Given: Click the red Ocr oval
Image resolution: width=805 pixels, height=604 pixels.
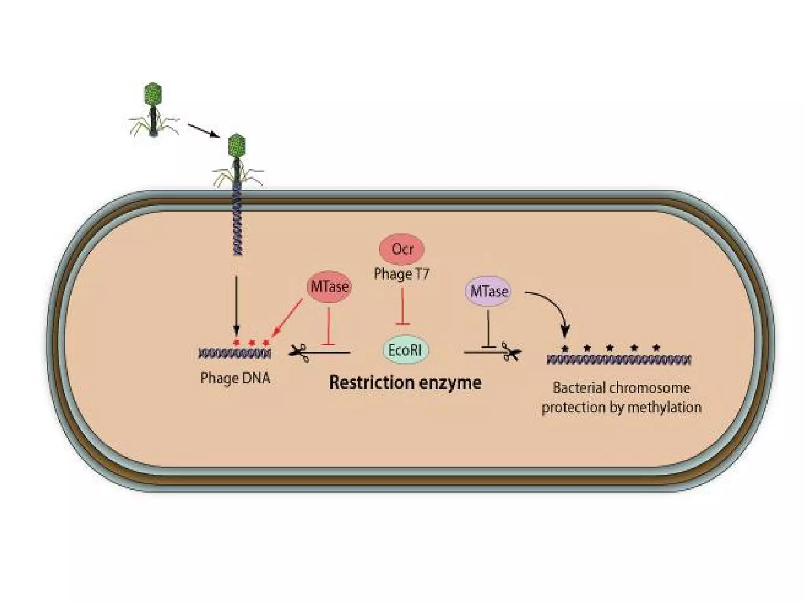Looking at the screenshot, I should click(x=401, y=249).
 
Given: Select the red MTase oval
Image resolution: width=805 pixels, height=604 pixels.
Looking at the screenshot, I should click(x=329, y=287).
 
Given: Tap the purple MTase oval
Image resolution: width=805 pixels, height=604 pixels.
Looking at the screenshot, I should click(x=488, y=291).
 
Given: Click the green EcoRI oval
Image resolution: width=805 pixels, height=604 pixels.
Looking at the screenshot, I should click(x=406, y=350).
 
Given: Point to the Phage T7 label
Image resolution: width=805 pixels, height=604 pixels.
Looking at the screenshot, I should click(x=401, y=274).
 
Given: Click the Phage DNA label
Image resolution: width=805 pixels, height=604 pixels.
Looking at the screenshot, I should click(x=235, y=378).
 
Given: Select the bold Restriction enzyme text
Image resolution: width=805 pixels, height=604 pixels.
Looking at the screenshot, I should click(x=405, y=383).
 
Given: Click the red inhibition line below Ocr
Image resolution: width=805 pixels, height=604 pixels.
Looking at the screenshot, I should click(x=402, y=307).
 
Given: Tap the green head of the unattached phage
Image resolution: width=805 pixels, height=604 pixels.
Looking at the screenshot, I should click(x=153, y=93).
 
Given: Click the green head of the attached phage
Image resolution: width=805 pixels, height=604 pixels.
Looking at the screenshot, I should click(x=237, y=145).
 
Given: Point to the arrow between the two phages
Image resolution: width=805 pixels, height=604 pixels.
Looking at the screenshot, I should click(x=203, y=131).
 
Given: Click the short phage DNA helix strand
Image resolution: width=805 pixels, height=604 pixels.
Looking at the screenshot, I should click(x=235, y=354).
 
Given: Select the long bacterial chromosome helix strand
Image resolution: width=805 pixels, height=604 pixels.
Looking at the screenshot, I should click(x=619, y=359).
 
